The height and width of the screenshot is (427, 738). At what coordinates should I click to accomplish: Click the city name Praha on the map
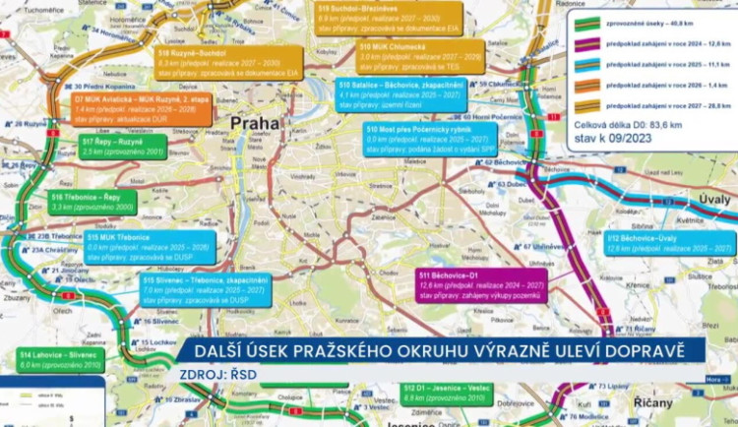pos(255,124)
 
